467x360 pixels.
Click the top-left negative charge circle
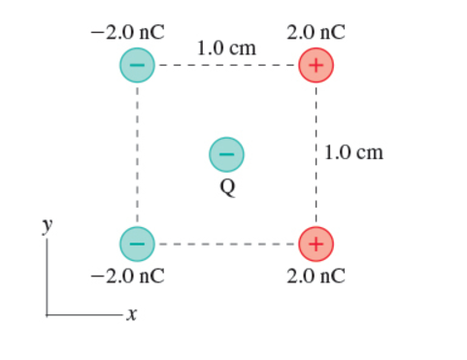(x=137, y=66)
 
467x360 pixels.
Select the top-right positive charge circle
(x=317, y=66)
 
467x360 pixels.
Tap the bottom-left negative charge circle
(x=137, y=243)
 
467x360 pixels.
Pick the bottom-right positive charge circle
(x=317, y=243)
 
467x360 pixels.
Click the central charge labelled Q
(x=226, y=153)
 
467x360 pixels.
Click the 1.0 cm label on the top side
(x=226, y=47)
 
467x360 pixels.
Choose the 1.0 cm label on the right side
(x=355, y=152)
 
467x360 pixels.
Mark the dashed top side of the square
(x=226, y=66)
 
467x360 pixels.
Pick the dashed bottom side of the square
(x=226, y=243)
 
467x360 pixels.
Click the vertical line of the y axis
(x=46, y=277)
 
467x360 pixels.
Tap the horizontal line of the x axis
(x=83, y=313)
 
